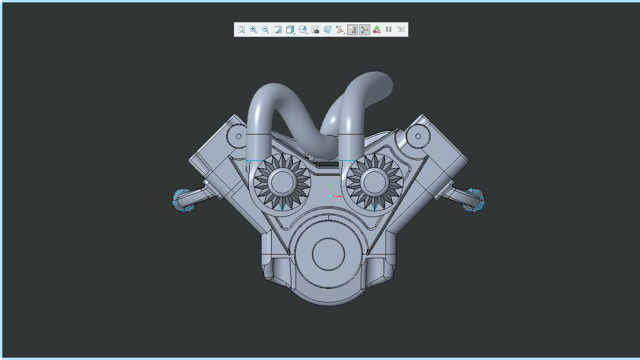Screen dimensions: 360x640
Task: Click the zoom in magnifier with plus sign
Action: click(253, 30)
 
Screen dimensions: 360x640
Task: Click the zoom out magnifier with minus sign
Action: click(266, 30)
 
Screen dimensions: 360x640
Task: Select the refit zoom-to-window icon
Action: click(241, 30)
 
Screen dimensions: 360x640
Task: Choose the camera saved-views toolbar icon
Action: click(315, 30)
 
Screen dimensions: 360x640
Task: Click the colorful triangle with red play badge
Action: click(377, 30)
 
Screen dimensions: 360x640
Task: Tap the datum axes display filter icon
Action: click(340, 30)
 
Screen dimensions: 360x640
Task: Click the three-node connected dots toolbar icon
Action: click(365, 30)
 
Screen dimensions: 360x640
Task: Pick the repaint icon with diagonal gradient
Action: click(278, 30)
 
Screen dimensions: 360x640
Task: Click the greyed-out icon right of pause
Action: click(401, 30)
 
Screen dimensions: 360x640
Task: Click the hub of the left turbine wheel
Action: click(282, 182)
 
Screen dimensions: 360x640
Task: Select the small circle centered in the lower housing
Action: click(328, 254)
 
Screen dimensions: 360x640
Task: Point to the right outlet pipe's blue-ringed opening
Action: click(474, 200)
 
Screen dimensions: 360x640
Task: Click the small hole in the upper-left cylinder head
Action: click(238, 136)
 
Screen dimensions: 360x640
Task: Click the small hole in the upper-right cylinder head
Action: click(417, 136)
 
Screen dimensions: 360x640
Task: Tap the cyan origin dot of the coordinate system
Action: click(330, 196)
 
